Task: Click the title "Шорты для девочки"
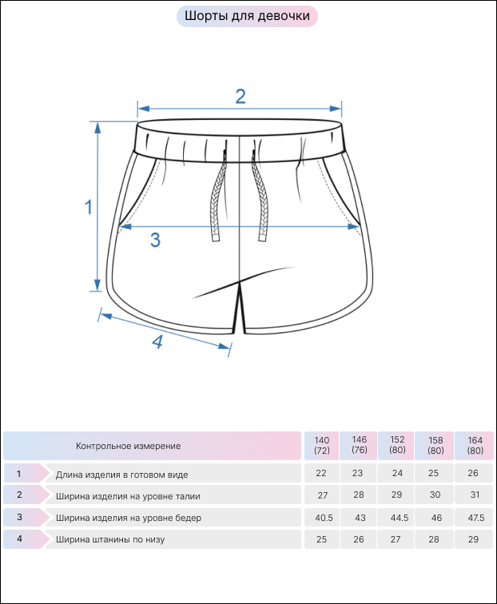pyautogui.click(x=247, y=16)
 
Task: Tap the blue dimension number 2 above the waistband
pyautogui.click(x=241, y=97)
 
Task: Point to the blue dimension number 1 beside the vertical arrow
pyautogui.click(x=89, y=207)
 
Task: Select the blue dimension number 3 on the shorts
pyautogui.click(x=155, y=240)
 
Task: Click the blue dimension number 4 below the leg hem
pyautogui.click(x=157, y=341)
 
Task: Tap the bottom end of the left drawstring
pyautogui.click(x=216, y=239)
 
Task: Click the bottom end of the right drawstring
pyautogui.click(x=263, y=239)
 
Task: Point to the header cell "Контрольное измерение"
pyautogui.click(x=129, y=446)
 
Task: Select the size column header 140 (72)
pyautogui.click(x=322, y=446)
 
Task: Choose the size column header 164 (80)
pyautogui.click(x=475, y=446)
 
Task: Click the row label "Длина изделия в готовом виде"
pyautogui.click(x=121, y=475)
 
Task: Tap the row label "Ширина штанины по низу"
pyautogui.click(x=110, y=539)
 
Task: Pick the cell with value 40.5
pyautogui.click(x=324, y=518)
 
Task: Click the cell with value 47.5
pyautogui.click(x=475, y=518)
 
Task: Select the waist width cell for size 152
pyautogui.click(x=396, y=495)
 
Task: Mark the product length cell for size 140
pyautogui.click(x=321, y=474)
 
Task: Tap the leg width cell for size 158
pyautogui.click(x=434, y=539)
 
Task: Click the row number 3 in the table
pyautogui.click(x=20, y=518)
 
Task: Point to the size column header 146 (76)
pyautogui.click(x=359, y=445)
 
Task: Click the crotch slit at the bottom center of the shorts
pyautogui.click(x=240, y=308)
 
